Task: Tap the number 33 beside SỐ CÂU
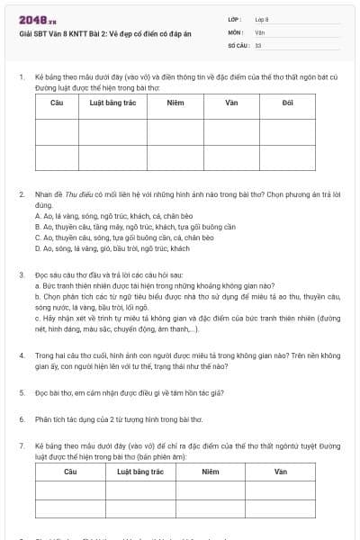pos(258,44)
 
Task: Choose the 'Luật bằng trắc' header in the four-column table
pos(139,472)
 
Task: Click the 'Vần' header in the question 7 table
pos(280,472)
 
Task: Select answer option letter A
pos(37,217)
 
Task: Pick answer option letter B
pos(37,227)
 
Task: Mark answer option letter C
pos(37,238)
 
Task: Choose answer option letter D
pos(37,247)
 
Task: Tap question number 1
pos(21,78)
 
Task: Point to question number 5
pos(21,392)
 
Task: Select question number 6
pos(21,418)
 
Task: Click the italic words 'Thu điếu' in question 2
pos(86,195)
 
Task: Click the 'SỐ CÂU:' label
pos(237,44)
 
